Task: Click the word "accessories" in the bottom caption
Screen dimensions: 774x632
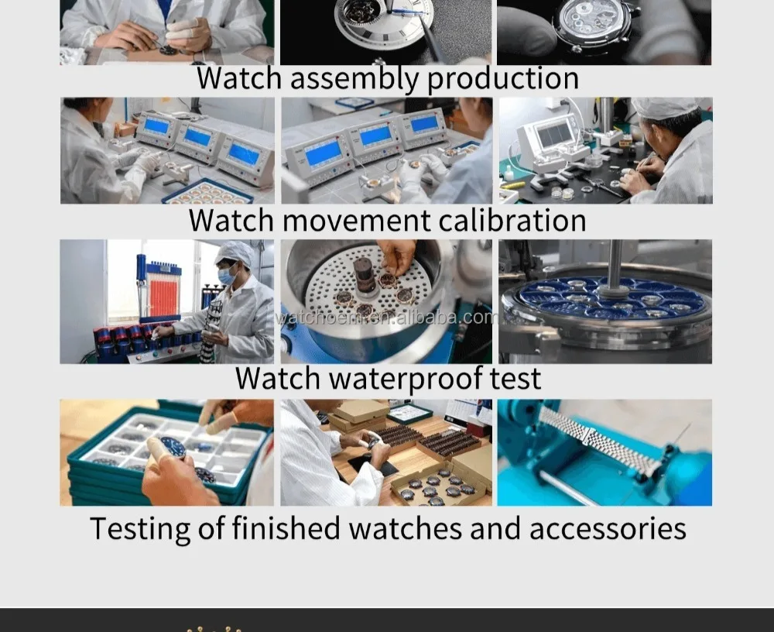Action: [608, 528]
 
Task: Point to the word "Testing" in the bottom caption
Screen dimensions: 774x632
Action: [140, 529]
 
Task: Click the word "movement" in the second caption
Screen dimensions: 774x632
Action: [356, 222]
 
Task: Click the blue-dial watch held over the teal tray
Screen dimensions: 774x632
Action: [173, 447]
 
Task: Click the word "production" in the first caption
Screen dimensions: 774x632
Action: [502, 79]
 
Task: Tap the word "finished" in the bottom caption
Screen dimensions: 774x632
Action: [286, 527]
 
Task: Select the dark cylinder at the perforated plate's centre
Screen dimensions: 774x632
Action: [366, 274]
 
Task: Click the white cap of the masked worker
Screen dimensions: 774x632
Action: [236, 252]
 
